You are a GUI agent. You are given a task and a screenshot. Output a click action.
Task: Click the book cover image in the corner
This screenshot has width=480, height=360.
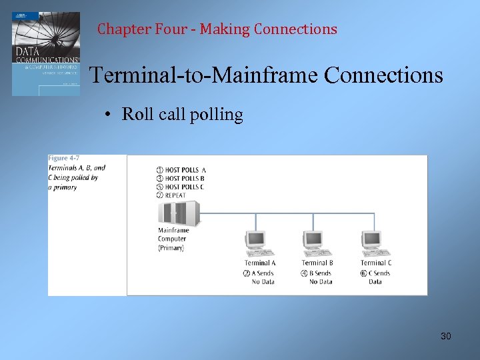click(x=45, y=53)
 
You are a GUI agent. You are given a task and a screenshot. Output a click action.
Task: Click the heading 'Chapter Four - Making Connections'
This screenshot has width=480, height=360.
click(x=217, y=29)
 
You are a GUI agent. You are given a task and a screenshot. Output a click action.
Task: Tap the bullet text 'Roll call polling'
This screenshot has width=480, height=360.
click(x=182, y=115)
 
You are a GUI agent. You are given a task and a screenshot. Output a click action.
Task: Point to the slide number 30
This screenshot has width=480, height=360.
click(x=445, y=336)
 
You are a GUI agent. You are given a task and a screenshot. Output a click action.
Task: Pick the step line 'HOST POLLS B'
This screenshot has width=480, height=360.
click(x=185, y=179)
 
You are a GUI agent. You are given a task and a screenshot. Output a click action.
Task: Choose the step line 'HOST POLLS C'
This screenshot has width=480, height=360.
click(x=185, y=187)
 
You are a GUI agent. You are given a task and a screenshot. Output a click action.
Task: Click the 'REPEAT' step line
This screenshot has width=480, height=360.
click(x=175, y=195)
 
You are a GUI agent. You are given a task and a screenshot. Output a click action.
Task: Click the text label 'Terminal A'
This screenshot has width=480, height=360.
click(x=260, y=263)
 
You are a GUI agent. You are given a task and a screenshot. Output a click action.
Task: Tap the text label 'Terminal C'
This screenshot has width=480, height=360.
click(x=376, y=263)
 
